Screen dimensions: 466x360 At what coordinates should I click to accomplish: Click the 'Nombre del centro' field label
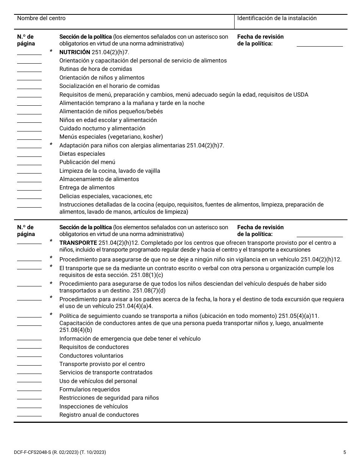point(41,18)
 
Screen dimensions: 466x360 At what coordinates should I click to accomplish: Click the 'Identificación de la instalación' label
point(277,18)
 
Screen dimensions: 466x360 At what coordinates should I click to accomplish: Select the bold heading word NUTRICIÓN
point(75,52)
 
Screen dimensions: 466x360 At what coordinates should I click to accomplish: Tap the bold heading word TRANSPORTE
point(78,243)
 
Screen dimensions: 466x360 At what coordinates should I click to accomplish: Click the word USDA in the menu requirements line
point(301,95)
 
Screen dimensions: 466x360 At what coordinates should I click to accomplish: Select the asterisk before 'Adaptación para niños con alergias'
point(51,145)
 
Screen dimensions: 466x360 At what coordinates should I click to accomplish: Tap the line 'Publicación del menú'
point(87,162)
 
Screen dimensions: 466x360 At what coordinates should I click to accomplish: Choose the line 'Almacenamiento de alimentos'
point(99,179)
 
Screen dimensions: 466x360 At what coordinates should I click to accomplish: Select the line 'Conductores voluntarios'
point(91,356)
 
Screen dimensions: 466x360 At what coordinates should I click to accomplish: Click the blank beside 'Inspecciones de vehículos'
point(29,408)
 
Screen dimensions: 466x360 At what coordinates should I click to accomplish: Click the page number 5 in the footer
point(344,452)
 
